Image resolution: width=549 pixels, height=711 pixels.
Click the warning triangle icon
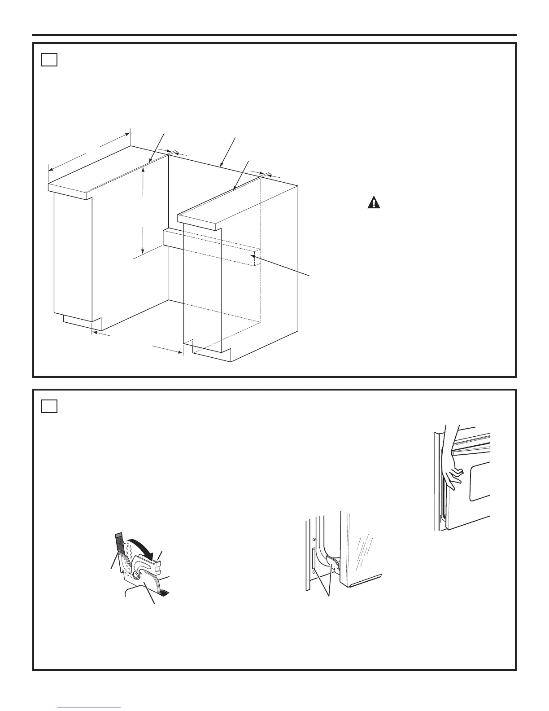pyautogui.click(x=373, y=203)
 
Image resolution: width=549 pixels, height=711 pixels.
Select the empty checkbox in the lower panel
pyautogui.click(x=49, y=406)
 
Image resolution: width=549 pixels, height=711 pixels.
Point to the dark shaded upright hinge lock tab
pyautogui.click(x=119, y=542)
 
